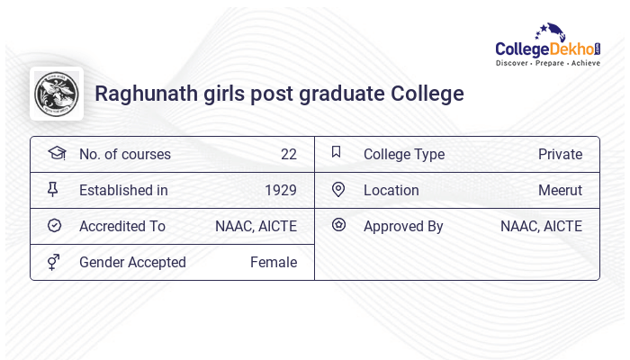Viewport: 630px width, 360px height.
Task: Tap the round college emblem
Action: (x=56, y=94)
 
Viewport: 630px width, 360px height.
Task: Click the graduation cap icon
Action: (x=56, y=154)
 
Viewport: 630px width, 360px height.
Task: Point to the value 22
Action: (x=288, y=155)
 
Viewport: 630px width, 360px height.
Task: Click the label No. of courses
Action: (x=124, y=155)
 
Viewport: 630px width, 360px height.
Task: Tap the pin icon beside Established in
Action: (x=53, y=190)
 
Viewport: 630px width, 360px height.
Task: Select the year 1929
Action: (x=281, y=191)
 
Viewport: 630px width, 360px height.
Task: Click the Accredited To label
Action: (x=122, y=227)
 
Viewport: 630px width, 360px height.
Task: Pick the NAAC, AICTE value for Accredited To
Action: (x=256, y=227)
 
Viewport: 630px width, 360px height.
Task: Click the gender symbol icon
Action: (x=54, y=262)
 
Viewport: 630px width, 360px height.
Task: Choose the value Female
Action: (x=274, y=263)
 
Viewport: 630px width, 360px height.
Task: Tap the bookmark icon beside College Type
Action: (x=337, y=153)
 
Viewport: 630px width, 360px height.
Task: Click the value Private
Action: (x=560, y=155)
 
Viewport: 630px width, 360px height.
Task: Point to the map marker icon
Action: (x=338, y=190)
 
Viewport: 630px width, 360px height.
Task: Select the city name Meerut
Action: (x=560, y=191)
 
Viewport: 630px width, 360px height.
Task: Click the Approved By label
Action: (x=403, y=227)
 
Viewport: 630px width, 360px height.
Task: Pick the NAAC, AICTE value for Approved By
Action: (x=541, y=227)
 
